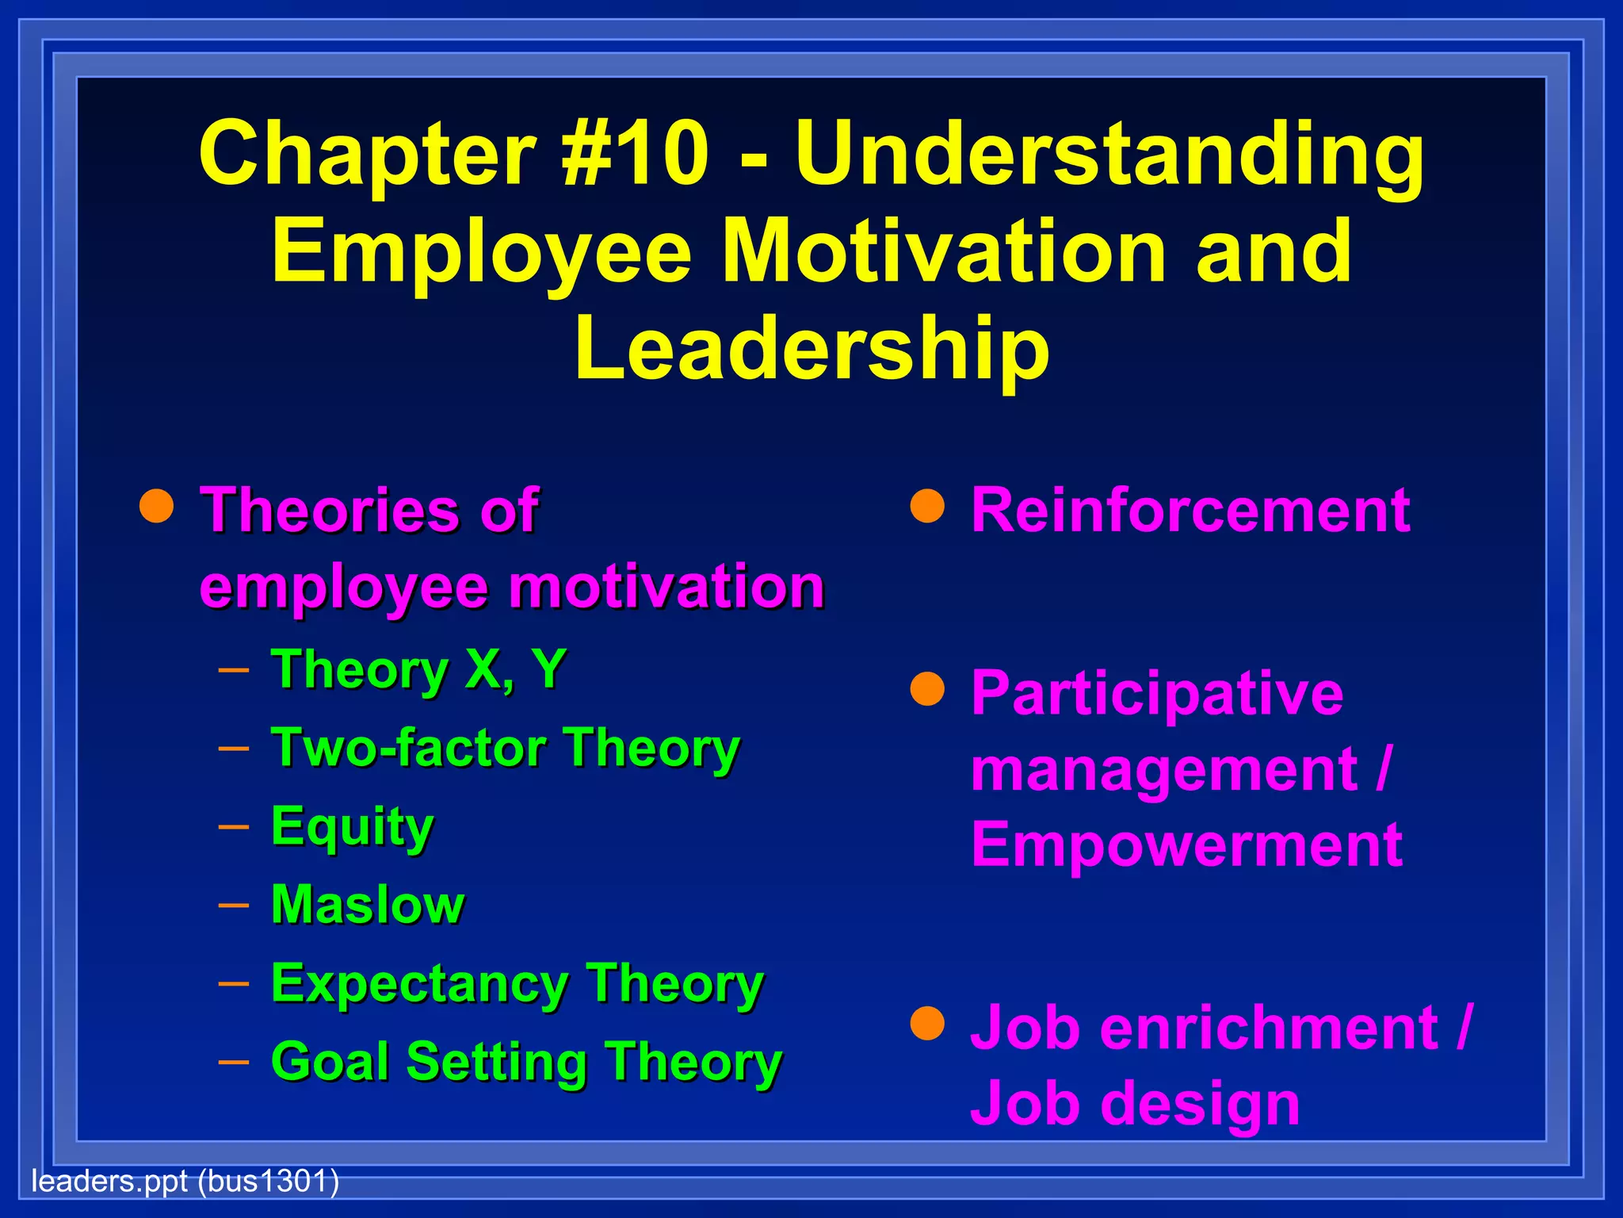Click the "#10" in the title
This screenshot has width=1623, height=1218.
[x=634, y=152]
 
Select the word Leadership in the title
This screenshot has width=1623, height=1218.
[x=811, y=349]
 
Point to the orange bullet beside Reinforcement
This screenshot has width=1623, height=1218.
[x=927, y=507]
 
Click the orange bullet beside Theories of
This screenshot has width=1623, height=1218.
[x=156, y=507]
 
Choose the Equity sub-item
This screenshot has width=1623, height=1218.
[x=352, y=826]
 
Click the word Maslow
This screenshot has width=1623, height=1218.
[x=368, y=904]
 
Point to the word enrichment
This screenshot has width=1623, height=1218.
[x=1268, y=1028]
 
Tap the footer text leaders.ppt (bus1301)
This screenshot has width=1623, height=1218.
[x=185, y=1182]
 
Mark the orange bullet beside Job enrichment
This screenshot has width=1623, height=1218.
[x=927, y=1024]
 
